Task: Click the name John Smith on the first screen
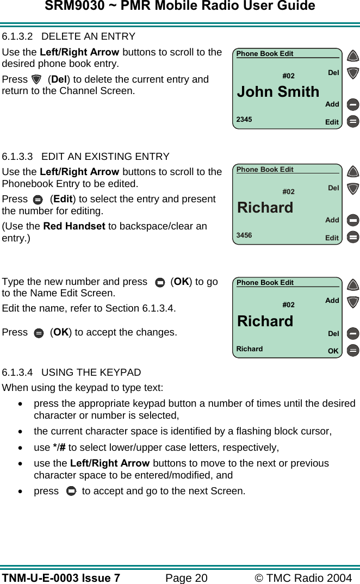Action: [278, 92]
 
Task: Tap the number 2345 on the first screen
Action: [244, 119]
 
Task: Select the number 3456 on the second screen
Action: [244, 235]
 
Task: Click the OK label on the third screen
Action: [333, 351]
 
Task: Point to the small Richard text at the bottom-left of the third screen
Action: [250, 349]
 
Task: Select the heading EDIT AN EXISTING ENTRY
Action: [105, 157]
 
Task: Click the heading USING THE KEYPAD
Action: [91, 372]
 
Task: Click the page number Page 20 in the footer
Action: [186, 577]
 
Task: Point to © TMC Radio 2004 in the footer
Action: [303, 577]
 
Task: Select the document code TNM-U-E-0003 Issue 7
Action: [61, 577]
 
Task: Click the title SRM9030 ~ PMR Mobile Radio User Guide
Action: [180, 6]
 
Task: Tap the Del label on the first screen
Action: [333, 72]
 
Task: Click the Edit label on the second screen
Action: [332, 238]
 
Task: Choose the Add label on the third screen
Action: [332, 300]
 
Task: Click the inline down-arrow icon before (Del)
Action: [36, 79]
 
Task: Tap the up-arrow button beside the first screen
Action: [353, 56]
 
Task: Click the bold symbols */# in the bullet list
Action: [59, 448]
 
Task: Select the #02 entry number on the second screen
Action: [288, 191]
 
